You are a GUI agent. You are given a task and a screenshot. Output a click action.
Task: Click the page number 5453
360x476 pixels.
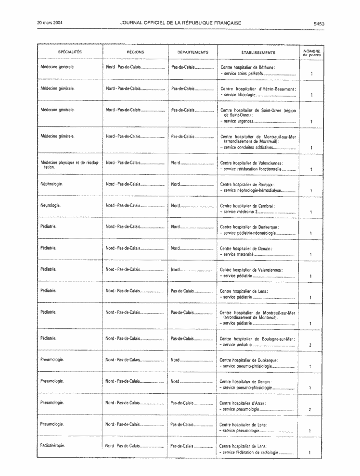click(x=319, y=23)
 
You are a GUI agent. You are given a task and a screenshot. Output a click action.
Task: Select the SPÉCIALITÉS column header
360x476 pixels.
click(x=70, y=52)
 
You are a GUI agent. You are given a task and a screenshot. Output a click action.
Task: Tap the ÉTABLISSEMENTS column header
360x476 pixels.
click(x=258, y=52)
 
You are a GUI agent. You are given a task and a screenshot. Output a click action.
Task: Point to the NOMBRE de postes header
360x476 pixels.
click(x=311, y=52)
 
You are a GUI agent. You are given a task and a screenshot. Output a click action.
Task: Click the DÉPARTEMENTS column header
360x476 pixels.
click(x=193, y=52)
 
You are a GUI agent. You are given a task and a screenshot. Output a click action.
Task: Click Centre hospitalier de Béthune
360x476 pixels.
click(x=254, y=68)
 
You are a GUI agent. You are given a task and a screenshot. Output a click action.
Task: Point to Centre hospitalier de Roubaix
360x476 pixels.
click(x=254, y=185)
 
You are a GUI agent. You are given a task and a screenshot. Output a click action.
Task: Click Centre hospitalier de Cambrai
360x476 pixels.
click(x=254, y=206)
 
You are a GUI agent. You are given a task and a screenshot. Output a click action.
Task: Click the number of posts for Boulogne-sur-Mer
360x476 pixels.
click(x=310, y=345)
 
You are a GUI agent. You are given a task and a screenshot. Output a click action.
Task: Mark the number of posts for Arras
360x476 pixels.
click(x=310, y=409)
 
